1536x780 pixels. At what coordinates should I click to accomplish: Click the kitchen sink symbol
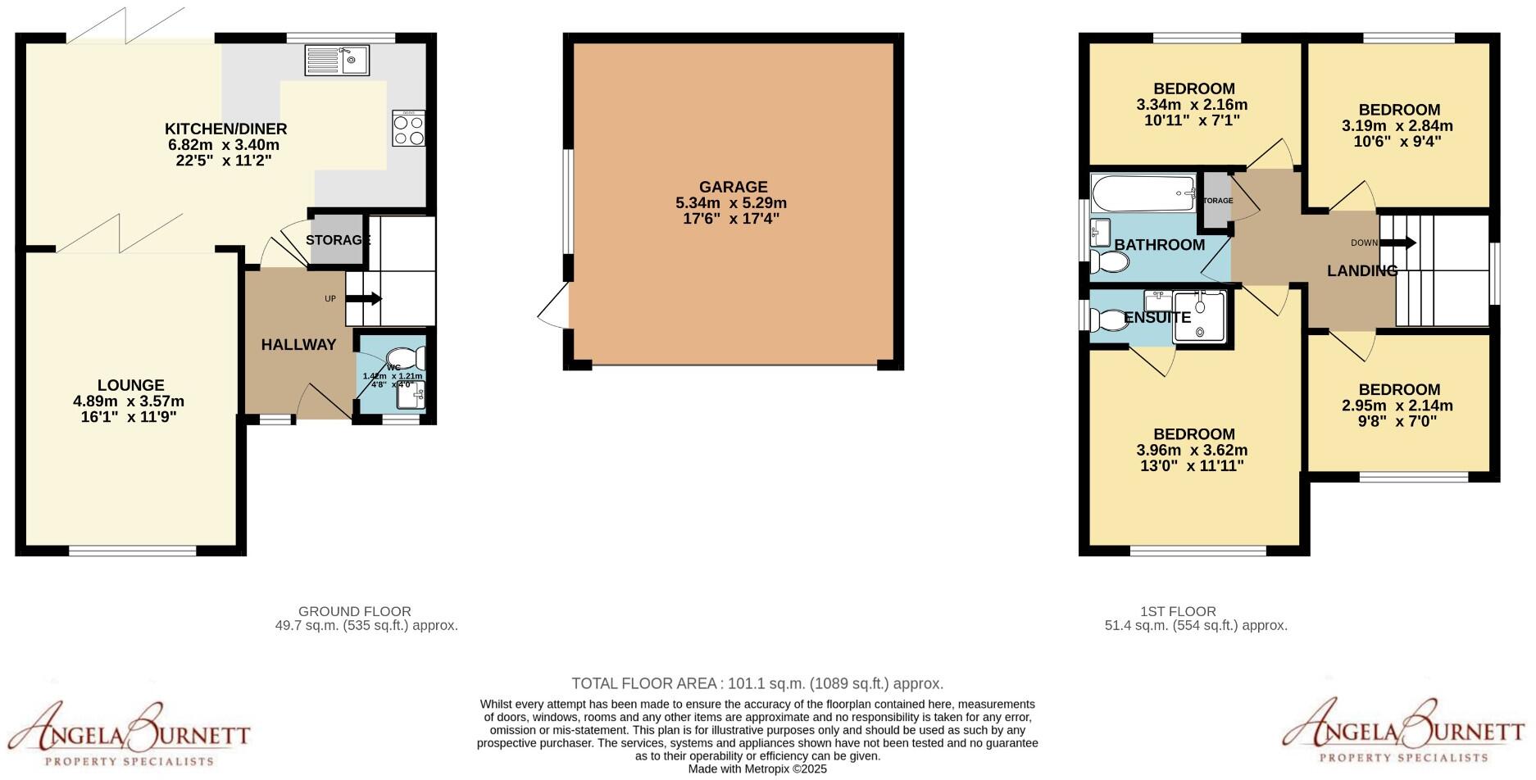pos(338,60)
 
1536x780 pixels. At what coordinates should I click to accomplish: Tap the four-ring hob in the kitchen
pos(408,129)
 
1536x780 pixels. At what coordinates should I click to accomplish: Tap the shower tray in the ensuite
pos(1200,316)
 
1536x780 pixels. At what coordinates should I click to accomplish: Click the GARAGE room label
pos(733,187)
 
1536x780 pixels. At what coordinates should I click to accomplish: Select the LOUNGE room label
pos(130,385)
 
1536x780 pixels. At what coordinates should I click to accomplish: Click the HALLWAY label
pos(298,345)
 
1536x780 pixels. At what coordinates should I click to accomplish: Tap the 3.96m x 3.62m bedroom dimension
pos(1192,450)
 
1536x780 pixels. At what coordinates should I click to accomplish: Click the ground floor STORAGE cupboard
pos(337,240)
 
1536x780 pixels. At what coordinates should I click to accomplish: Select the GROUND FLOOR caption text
pos(354,611)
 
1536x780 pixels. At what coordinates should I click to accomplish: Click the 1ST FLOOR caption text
pos(1178,611)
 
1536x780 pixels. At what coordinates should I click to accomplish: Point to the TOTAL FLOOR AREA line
pos(757,683)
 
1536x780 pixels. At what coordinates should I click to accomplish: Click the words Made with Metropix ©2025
pos(757,769)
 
